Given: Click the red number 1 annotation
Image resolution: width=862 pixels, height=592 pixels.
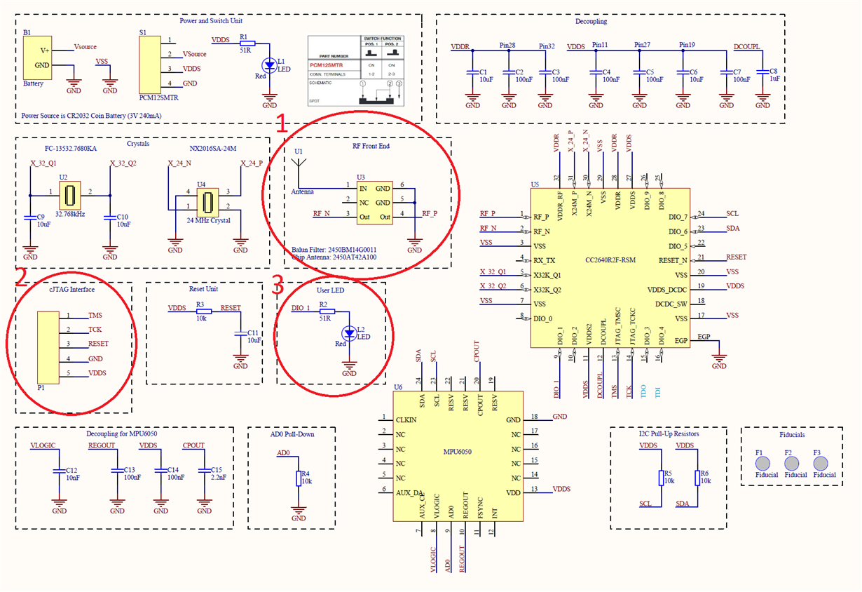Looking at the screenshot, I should (281, 124).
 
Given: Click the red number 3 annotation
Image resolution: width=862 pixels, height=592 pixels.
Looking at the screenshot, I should (278, 284).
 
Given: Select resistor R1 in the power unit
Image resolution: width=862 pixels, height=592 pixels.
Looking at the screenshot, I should (244, 44).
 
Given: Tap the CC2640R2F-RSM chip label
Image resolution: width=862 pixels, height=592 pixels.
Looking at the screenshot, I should (610, 261).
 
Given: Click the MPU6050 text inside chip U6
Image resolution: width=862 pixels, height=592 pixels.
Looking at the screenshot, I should (458, 452).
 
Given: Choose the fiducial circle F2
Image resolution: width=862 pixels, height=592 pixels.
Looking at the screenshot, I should (792, 463).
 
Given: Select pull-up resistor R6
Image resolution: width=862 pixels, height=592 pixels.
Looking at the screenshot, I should (697, 478).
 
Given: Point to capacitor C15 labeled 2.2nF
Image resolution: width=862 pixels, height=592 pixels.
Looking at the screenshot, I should (204, 471).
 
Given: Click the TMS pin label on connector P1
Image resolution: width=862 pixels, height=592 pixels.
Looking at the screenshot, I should (96, 316).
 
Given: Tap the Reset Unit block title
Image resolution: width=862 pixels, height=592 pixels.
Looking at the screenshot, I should (203, 289).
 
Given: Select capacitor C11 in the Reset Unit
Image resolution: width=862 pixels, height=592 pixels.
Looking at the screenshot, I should (241, 333).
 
